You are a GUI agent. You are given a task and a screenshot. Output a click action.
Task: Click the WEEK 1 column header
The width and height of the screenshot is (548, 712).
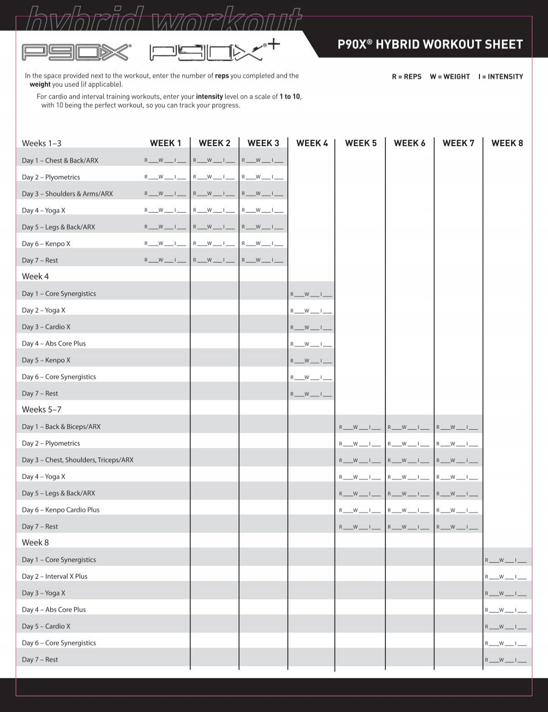click(x=165, y=143)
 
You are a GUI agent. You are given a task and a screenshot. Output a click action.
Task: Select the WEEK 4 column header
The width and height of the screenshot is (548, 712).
click(x=312, y=143)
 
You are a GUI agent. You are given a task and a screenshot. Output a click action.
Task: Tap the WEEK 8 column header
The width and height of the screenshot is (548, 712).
click(x=507, y=143)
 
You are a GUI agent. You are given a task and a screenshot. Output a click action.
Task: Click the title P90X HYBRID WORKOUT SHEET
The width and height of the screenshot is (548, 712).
click(x=430, y=44)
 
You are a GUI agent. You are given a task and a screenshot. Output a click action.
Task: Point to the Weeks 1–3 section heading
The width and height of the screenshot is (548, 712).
click(x=42, y=143)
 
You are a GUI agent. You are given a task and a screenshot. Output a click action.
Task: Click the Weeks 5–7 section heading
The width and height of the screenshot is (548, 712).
click(x=42, y=410)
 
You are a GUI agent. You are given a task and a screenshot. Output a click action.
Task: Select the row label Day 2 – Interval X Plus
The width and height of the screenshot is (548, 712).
click(x=55, y=576)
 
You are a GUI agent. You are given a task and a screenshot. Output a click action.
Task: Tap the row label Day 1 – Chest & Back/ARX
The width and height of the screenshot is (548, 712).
click(x=60, y=161)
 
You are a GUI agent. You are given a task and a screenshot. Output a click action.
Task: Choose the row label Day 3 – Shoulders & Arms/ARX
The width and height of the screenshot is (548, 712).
click(x=67, y=194)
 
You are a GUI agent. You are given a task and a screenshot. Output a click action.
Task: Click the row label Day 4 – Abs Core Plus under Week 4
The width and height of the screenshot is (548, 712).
click(x=54, y=343)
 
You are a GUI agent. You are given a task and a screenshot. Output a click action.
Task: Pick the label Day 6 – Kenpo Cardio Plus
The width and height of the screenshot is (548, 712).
click(x=61, y=510)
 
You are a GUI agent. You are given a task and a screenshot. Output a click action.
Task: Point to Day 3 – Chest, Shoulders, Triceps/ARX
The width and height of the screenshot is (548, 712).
click(x=78, y=460)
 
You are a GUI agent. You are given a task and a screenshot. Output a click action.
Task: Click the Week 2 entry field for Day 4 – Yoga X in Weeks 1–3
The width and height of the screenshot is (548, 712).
click(x=214, y=211)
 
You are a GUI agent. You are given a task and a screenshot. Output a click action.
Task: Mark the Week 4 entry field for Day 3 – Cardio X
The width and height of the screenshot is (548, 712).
click(x=311, y=327)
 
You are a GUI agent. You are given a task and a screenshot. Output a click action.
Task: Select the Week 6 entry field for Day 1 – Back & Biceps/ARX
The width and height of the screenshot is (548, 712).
click(x=408, y=427)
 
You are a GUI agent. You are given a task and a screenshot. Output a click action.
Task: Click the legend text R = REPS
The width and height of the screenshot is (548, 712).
click(x=406, y=77)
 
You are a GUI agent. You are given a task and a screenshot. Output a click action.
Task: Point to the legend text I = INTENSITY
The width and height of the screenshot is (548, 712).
click(x=501, y=77)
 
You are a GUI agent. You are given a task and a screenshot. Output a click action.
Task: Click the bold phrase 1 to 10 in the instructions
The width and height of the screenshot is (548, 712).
click(x=290, y=97)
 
